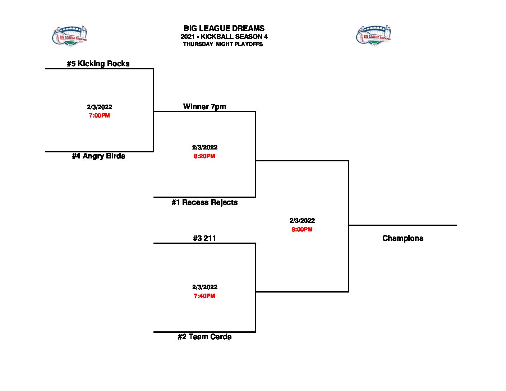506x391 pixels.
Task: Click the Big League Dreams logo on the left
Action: point(70,36)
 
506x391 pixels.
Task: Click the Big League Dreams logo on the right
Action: point(374,36)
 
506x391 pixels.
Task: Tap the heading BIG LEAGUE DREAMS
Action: point(224,28)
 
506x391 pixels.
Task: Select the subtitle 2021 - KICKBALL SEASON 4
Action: point(224,37)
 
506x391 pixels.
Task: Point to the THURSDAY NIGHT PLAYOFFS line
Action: point(223,44)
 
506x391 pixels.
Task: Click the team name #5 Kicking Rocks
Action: point(98,64)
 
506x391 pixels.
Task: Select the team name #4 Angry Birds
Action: point(98,156)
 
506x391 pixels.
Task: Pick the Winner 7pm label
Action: point(204,107)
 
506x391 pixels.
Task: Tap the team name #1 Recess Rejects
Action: point(204,202)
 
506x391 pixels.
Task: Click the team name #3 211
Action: point(204,238)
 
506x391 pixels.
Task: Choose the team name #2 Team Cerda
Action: point(204,337)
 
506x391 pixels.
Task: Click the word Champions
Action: point(403,238)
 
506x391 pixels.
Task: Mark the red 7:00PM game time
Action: point(99,116)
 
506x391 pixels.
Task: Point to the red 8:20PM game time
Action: point(204,156)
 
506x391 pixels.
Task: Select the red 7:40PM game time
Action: point(204,296)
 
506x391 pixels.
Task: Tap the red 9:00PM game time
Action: point(302,229)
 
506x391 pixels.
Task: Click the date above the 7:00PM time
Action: point(99,107)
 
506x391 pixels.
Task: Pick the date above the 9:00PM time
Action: point(302,221)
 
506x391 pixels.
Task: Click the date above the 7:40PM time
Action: point(204,287)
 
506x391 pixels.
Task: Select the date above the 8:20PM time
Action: point(204,147)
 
